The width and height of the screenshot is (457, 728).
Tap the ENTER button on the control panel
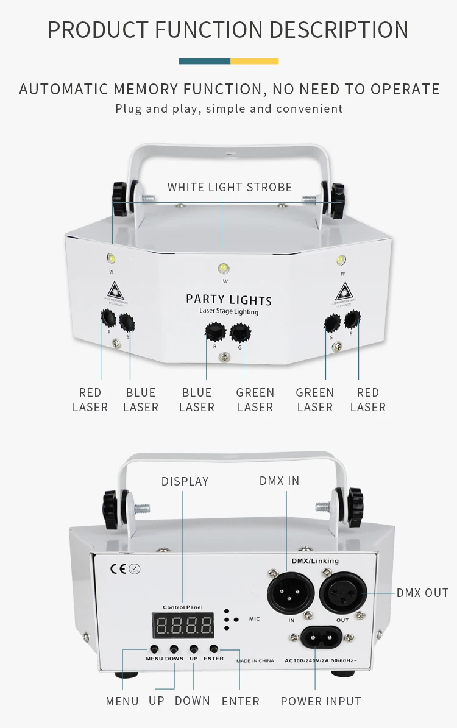point(214,649)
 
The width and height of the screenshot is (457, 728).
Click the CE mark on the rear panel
point(118,569)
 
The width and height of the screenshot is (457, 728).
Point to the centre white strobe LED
point(224,267)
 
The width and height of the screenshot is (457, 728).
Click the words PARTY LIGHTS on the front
point(228,299)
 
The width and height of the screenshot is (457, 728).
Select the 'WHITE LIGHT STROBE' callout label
point(230,187)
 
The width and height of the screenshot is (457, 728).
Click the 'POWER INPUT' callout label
point(321,701)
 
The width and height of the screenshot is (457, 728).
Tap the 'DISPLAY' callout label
point(185,481)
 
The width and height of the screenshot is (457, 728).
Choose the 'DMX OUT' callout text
point(422,593)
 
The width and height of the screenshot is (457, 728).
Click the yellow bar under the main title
point(254,61)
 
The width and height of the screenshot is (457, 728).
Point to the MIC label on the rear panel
point(254,619)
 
